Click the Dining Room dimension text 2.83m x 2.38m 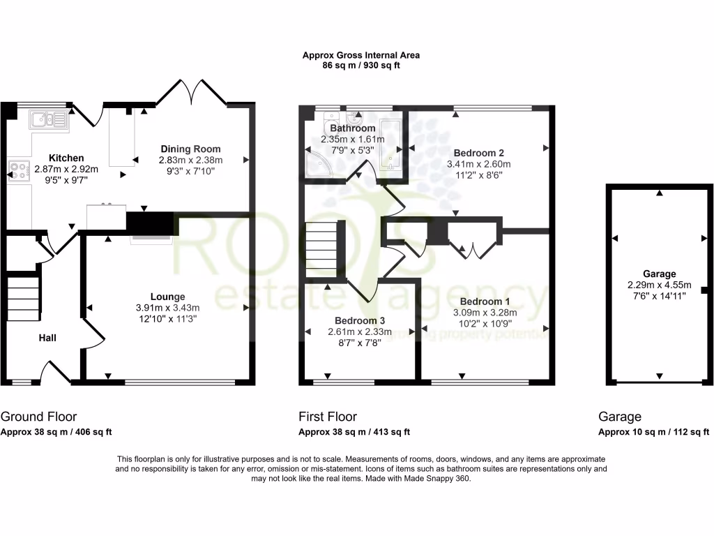(190, 160)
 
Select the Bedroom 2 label (478, 153)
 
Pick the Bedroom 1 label (478, 302)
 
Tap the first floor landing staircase (321, 248)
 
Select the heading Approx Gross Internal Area (360, 55)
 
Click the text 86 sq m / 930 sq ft (360, 66)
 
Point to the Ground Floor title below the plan (39, 417)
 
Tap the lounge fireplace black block (149, 223)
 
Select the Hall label (47, 338)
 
